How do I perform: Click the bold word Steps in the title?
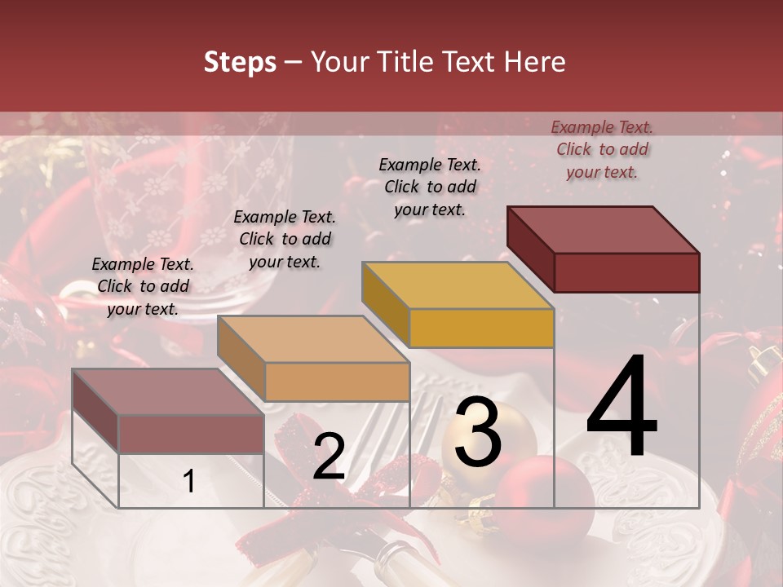click(x=239, y=62)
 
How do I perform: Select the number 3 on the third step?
click(x=477, y=433)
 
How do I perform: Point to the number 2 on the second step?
click(x=329, y=457)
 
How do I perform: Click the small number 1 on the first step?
click(x=188, y=481)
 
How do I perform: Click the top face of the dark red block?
click(x=603, y=230)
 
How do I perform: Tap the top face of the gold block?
click(x=458, y=285)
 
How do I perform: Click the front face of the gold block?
click(x=481, y=328)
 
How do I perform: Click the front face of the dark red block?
click(x=626, y=272)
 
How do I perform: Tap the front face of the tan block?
click(x=337, y=382)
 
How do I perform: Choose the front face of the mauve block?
click(x=191, y=434)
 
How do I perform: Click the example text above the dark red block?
click(x=602, y=149)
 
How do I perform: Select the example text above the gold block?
click(x=430, y=187)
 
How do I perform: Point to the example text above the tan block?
click(x=285, y=239)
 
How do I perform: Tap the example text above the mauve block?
click(x=143, y=286)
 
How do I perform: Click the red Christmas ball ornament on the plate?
click(x=544, y=493)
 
